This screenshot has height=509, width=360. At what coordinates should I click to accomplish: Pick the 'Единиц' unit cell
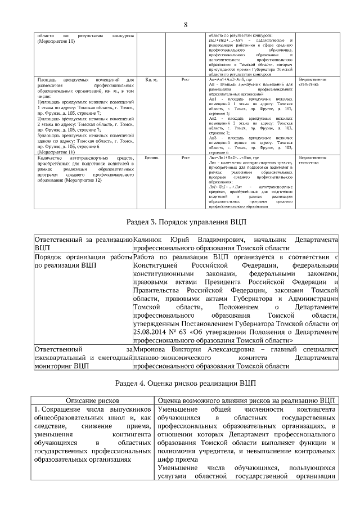click(151, 158)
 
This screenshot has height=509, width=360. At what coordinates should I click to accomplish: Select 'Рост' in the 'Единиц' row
click(187, 158)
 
